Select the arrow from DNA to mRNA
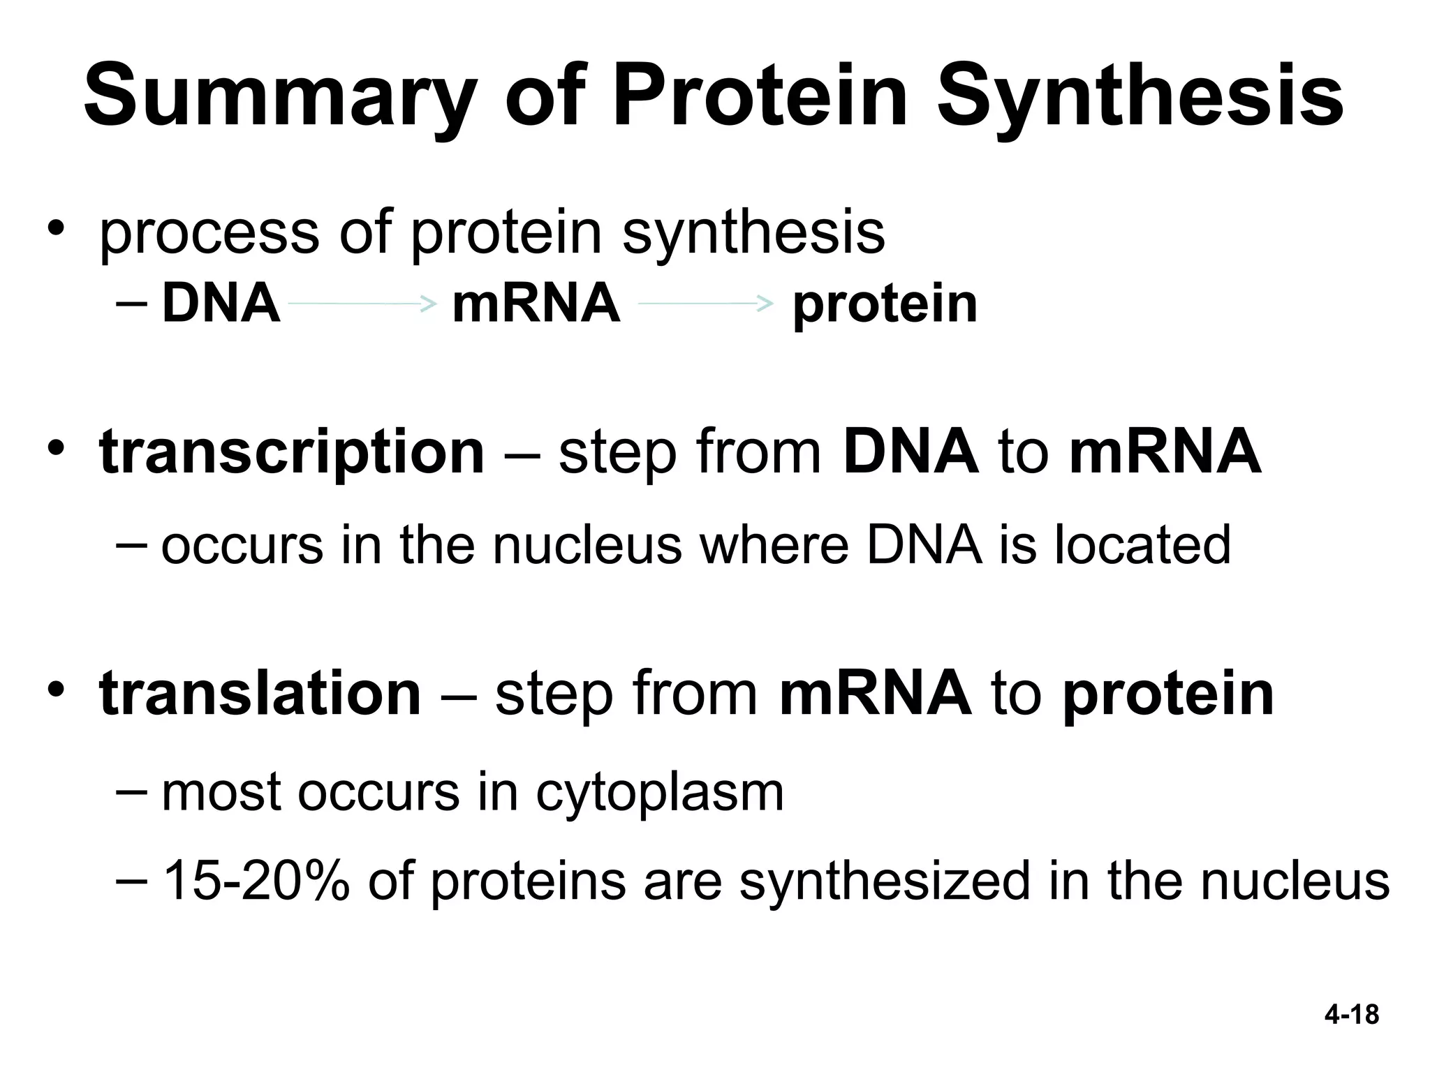pyautogui.click(x=362, y=304)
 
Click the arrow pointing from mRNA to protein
pyautogui.click(x=705, y=304)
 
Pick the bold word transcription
pyautogui.click(x=292, y=452)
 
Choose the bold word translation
pyautogui.click(x=260, y=693)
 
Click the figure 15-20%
pyautogui.click(x=256, y=881)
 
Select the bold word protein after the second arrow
pyautogui.click(x=885, y=305)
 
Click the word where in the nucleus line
pyautogui.click(x=774, y=545)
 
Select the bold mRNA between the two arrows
pyautogui.click(x=536, y=304)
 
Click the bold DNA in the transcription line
pyautogui.click(x=911, y=452)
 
